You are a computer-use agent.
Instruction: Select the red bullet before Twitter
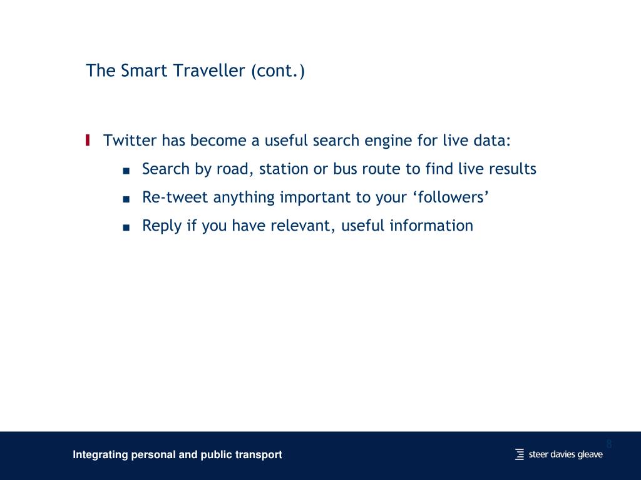pos(88,140)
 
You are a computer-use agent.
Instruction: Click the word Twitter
pos(130,140)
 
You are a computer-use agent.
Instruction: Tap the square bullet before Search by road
pos(126,170)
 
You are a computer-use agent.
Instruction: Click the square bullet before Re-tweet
pos(126,199)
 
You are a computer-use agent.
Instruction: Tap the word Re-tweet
pos(175,197)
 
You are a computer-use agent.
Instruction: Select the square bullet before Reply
pos(126,227)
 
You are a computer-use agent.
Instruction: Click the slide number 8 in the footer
pos(608,444)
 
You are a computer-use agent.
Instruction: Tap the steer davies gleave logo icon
pos(520,454)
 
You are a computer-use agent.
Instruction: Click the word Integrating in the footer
pos(100,454)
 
